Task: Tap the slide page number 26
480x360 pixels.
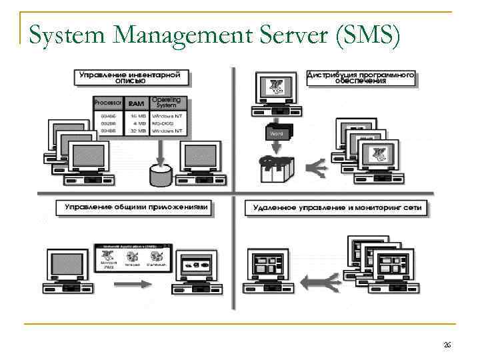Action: click(x=447, y=345)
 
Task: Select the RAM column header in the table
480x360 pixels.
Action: click(x=136, y=103)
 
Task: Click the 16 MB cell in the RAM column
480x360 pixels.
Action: click(x=137, y=115)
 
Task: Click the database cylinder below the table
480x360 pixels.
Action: click(x=159, y=175)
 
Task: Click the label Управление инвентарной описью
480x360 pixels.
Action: click(x=133, y=78)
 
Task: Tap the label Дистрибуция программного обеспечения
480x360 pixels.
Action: click(x=361, y=78)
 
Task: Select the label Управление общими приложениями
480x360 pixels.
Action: click(x=136, y=207)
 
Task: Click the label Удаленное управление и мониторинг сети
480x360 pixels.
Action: click(x=337, y=208)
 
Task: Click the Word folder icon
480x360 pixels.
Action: click(x=275, y=132)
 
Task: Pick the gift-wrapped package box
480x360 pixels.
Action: click(x=275, y=171)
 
